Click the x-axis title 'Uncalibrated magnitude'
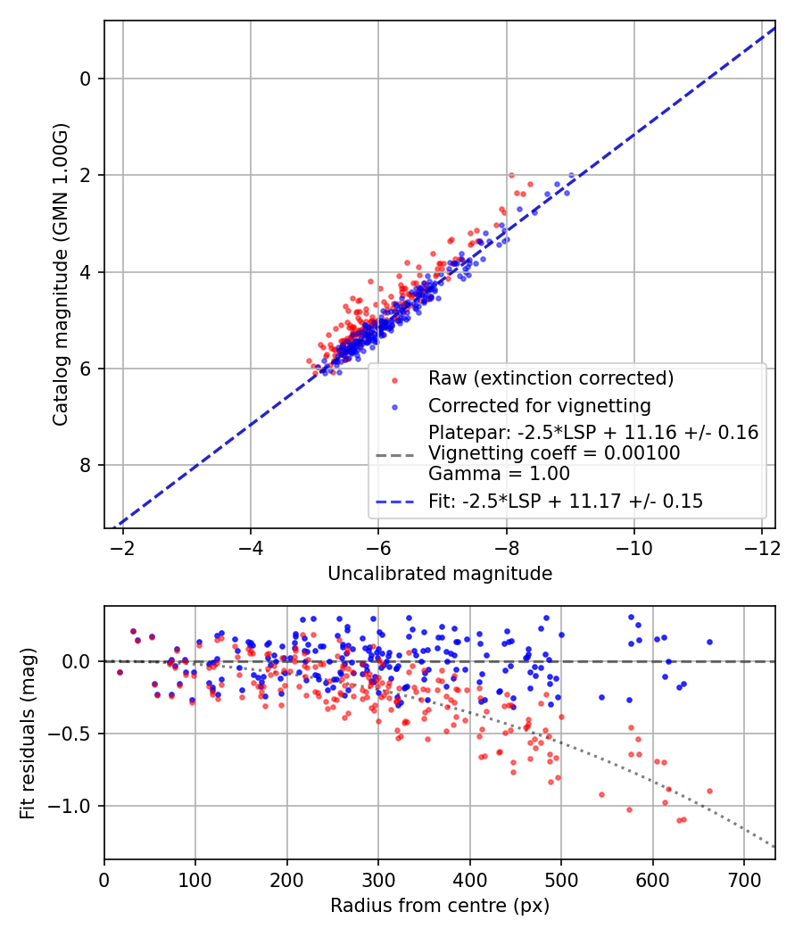440,574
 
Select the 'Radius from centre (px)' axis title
440,906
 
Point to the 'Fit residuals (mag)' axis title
28,733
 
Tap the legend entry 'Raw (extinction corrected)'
551,378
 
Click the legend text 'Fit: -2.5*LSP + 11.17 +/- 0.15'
566,502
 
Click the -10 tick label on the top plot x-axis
634,547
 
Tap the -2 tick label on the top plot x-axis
122,547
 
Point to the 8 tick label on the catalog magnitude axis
87,466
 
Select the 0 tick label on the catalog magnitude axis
87,79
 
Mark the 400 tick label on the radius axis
470,879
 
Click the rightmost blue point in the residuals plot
709,642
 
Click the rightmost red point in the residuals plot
709,791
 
